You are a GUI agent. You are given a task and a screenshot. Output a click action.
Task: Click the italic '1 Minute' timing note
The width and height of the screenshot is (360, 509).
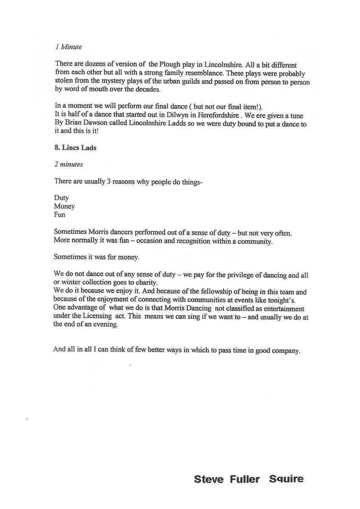68,47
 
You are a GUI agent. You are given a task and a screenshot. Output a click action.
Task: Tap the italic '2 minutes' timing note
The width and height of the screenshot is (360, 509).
68,164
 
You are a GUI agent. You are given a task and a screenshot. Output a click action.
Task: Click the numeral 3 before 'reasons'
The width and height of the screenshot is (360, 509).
108,181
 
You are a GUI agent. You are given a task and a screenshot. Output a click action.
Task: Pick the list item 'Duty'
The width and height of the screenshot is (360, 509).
61,198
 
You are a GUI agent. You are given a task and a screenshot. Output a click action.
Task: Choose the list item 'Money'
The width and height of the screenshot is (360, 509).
64,206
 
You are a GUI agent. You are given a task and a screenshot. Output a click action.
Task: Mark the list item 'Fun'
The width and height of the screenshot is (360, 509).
59,215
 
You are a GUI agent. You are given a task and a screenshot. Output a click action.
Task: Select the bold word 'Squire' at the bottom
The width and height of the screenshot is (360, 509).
286,479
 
